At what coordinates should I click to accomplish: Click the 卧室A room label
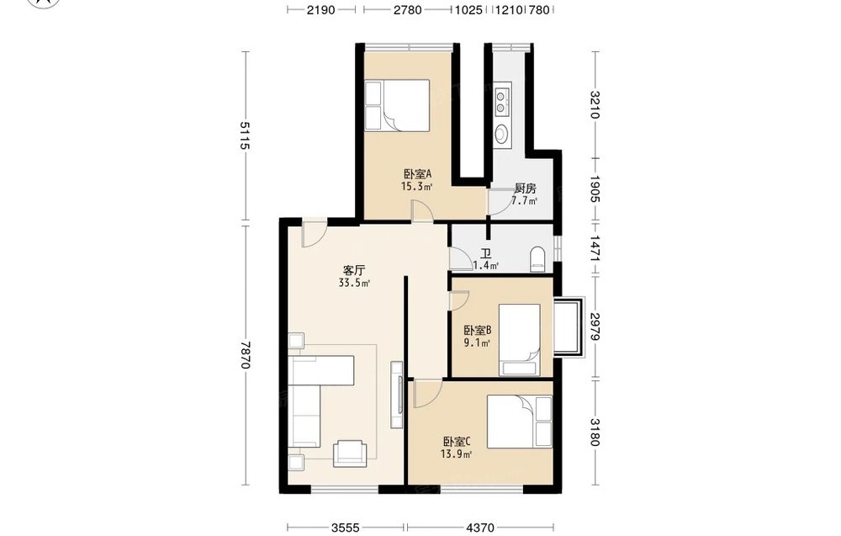(x=417, y=174)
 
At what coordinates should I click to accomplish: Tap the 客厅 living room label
(x=353, y=270)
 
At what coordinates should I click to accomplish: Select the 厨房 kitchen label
(x=525, y=188)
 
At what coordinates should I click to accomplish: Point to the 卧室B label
(x=478, y=331)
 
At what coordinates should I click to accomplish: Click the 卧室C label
(x=457, y=442)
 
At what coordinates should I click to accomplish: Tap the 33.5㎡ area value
(x=354, y=283)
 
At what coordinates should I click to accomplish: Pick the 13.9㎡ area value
(x=456, y=454)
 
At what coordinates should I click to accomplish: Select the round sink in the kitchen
(x=501, y=134)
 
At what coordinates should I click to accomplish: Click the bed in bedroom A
(x=397, y=106)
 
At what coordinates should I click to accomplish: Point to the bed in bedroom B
(x=519, y=340)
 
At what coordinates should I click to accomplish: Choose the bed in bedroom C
(x=519, y=422)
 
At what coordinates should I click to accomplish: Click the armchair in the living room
(x=350, y=454)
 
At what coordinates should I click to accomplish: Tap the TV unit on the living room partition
(x=397, y=395)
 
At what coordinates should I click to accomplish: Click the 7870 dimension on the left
(x=245, y=355)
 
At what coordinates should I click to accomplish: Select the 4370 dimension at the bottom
(x=480, y=528)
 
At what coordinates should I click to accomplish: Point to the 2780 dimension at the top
(x=408, y=9)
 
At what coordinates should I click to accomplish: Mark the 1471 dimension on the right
(x=595, y=248)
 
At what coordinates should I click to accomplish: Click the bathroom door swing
(x=459, y=258)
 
